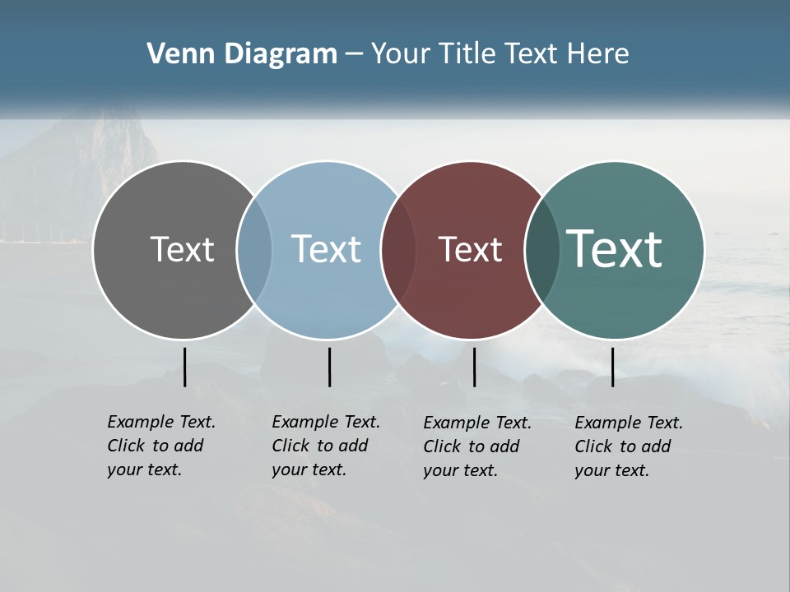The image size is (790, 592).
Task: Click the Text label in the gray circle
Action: click(x=182, y=249)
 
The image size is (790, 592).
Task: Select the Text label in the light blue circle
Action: click(x=326, y=249)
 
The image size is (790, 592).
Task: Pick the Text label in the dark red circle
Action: click(x=470, y=249)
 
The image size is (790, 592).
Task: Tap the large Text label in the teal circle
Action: click(x=615, y=249)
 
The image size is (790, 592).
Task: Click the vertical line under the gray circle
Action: click(x=185, y=367)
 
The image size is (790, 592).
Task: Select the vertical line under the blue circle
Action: click(x=329, y=367)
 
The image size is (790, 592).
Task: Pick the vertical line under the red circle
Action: click(x=474, y=367)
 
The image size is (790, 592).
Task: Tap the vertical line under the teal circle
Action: click(x=613, y=367)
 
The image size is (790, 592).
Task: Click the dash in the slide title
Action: click(x=354, y=55)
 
